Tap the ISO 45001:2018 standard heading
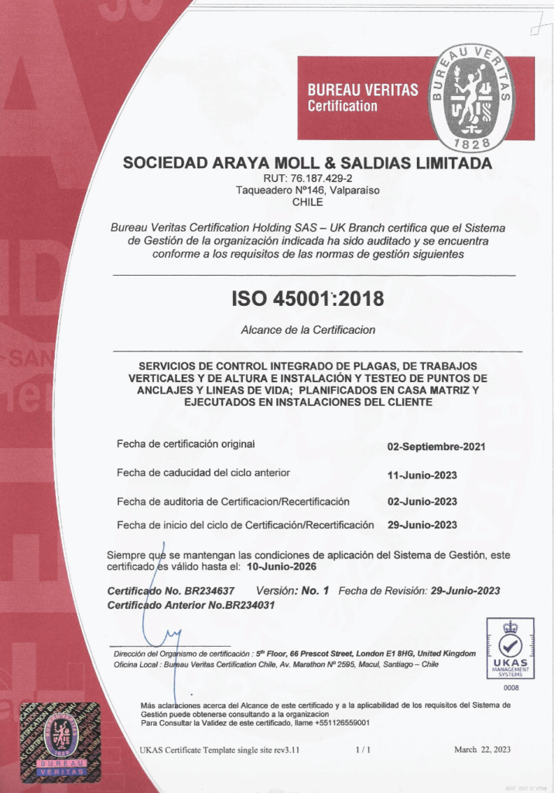307,297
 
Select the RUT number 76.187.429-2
306,177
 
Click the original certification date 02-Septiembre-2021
436,446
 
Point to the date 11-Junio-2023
422,475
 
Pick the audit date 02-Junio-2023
422,501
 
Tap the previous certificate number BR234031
248,605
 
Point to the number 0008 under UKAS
511,688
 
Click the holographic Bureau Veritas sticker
60,739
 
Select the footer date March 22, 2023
481,749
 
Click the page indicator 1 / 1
364,749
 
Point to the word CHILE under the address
307,202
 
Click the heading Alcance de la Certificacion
308,330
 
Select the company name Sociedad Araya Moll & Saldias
307,163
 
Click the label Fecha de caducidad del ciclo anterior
203,472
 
